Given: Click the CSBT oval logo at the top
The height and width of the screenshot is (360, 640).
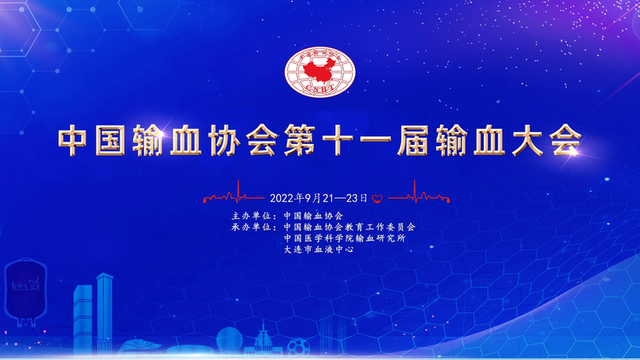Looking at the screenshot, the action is pyautogui.click(x=320, y=72).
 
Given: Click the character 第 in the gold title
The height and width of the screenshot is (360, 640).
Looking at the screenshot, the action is pyautogui.click(x=300, y=140).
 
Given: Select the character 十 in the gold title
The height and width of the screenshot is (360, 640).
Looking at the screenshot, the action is pyautogui.click(x=338, y=140).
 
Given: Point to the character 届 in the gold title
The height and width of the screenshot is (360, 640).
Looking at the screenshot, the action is pyautogui.click(x=413, y=140).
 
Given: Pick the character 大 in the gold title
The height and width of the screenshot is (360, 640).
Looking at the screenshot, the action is pyautogui.click(x=527, y=140).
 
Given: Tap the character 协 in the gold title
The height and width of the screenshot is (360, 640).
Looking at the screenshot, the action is pyautogui.click(x=224, y=140).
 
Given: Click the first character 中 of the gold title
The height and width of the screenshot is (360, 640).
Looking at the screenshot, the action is pyautogui.click(x=73, y=140).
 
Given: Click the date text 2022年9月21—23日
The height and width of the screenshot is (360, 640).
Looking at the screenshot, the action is pyautogui.click(x=319, y=199).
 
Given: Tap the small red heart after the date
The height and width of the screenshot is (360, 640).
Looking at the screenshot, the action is pyautogui.click(x=377, y=199).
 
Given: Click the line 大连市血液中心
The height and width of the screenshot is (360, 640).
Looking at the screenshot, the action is pyautogui.click(x=319, y=249).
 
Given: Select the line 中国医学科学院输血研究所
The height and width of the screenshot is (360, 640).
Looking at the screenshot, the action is pyautogui.click(x=345, y=238).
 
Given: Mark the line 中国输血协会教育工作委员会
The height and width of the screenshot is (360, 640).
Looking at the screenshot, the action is pyautogui.click(x=349, y=227).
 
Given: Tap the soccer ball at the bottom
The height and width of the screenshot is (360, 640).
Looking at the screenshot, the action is pyautogui.click(x=299, y=347).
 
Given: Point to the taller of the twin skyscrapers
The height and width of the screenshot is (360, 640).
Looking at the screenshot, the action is pyautogui.click(x=104, y=313).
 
